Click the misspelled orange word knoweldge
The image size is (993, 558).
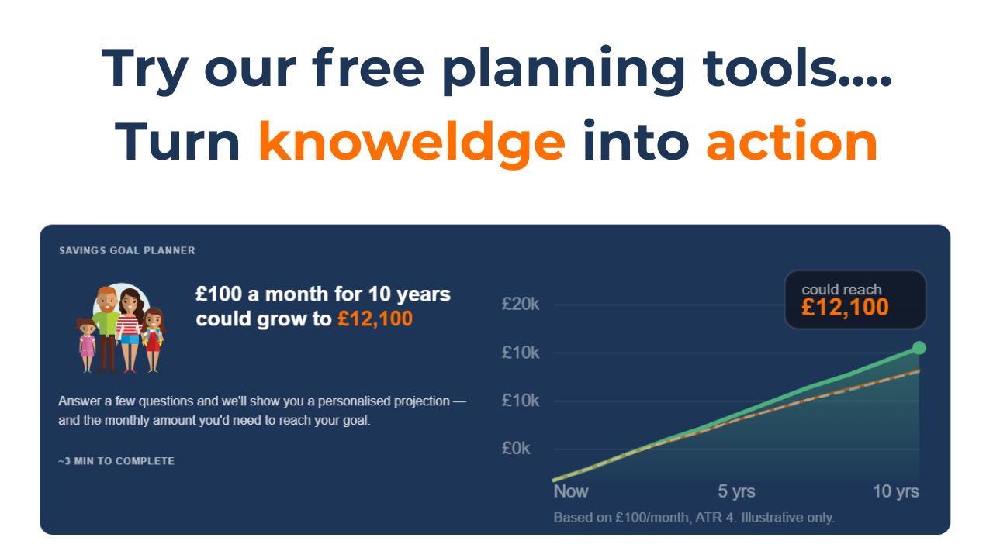coord(412,143)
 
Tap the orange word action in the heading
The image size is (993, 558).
coord(792,142)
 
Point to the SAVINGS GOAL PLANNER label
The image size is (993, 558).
coord(126,250)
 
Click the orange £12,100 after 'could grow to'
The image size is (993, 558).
coord(375,319)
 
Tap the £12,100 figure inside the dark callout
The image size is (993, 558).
coord(845,308)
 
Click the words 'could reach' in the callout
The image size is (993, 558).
coord(842,289)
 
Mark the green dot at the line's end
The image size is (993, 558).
coord(919,348)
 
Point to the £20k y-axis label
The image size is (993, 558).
coord(520,305)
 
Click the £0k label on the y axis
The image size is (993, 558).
coord(516,449)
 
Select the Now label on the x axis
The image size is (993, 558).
coord(571,491)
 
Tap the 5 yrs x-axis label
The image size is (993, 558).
coord(736,491)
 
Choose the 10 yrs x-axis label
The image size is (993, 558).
coord(896,491)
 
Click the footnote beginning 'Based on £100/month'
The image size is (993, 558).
coord(694,517)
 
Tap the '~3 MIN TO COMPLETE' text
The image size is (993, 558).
coord(116,461)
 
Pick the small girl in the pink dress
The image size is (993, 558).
coord(86,345)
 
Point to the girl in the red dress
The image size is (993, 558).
coord(153,339)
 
